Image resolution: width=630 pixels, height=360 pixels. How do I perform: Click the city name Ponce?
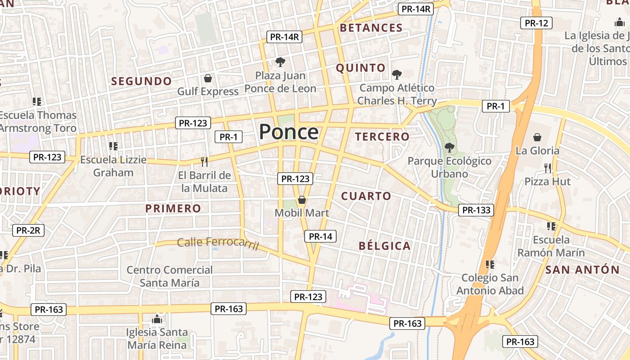click(289, 132)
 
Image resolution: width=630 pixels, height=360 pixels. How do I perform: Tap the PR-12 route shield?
click(536, 23)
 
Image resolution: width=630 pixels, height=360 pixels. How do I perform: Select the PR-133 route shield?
click(476, 210)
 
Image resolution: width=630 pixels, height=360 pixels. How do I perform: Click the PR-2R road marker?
click(28, 230)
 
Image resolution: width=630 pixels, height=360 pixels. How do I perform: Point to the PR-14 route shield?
click(320, 236)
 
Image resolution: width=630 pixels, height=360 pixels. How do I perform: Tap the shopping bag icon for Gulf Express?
click(208, 79)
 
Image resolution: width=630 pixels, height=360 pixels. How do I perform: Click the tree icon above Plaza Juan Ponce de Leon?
click(280, 62)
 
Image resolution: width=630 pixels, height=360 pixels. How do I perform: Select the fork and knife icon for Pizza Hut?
click(547, 168)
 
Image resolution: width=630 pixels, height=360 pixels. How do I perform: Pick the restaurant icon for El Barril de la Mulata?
click(204, 162)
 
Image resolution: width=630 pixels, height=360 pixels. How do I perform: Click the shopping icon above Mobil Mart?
click(302, 200)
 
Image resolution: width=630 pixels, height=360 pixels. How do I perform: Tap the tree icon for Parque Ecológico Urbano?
click(449, 147)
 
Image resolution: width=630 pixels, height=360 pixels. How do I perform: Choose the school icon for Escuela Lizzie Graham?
click(113, 146)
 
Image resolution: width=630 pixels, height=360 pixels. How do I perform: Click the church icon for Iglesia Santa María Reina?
click(157, 319)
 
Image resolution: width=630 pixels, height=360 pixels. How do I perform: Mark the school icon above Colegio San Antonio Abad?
click(490, 264)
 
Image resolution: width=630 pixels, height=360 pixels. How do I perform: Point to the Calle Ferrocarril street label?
click(218, 243)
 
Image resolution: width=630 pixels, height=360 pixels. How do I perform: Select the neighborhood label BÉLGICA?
click(385, 246)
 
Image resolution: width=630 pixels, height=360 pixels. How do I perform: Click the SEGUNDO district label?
click(141, 81)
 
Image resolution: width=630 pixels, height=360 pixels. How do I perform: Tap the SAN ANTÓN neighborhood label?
click(582, 270)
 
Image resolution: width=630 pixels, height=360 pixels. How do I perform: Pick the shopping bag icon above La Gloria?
click(537, 137)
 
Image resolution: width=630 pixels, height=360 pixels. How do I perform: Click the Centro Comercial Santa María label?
click(169, 276)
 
